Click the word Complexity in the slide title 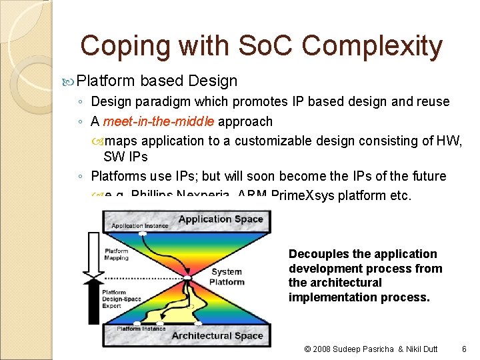[372, 47]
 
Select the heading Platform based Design [157, 81]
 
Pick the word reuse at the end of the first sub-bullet [432, 102]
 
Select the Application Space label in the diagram [221, 219]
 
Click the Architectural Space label [217, 335]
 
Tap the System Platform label [227, 277]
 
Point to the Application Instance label [137, 227]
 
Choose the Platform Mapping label [116, 255]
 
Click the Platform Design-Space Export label [121, 299]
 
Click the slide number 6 [464, 349]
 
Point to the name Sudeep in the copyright [347, 349]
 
